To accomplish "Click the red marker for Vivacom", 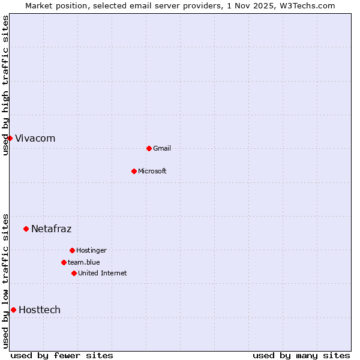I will click(10, 138).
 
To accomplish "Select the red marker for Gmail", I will click(149, 148).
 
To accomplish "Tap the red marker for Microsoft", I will click(134, 171).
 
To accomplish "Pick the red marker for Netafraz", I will click(26, 229).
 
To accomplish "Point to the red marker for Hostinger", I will click(72, 250).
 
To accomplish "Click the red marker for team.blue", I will click(64, 262).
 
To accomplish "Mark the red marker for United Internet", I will click(74, 273).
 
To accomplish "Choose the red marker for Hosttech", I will click(13, 310).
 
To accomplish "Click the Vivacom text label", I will click(35, 139).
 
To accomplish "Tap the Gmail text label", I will click(162, 149).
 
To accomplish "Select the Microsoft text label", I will click(152, 172).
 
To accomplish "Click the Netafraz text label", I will click(52, 229).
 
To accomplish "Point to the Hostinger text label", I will click(91, 251).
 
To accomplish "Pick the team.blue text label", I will click(84, 263).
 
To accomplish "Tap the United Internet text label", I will click(103, 274).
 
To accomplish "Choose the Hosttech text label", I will click(40, 310).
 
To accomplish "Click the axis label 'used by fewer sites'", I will click(62, 355).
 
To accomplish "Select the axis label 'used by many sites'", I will click(301, 355).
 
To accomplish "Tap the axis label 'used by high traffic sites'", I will click(6, 85).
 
